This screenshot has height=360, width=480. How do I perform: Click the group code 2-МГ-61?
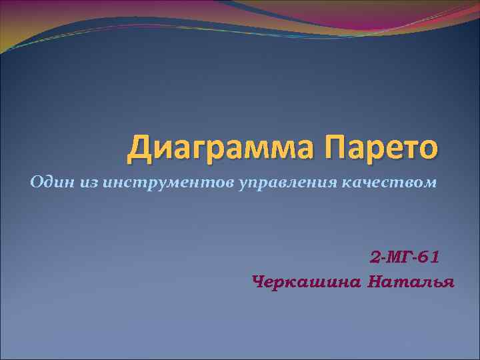click(x=404, y=257)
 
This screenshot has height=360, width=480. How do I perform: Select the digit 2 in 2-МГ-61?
click(x=374, y=257)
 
